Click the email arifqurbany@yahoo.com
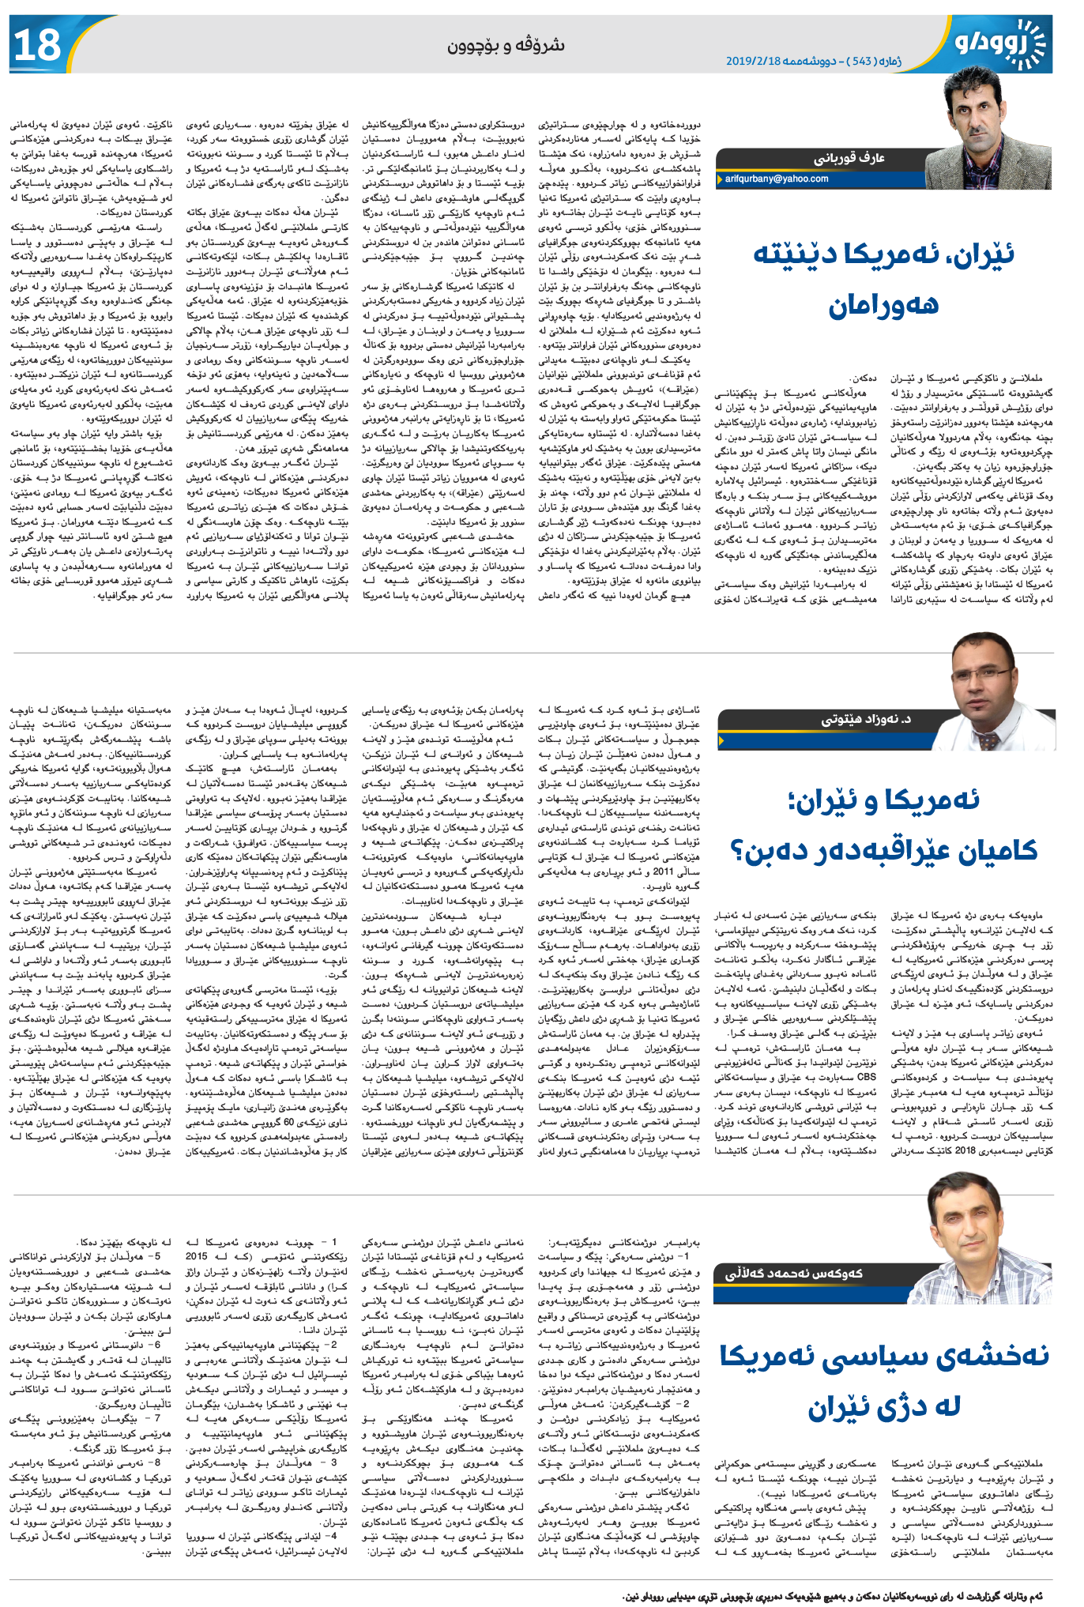777,179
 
